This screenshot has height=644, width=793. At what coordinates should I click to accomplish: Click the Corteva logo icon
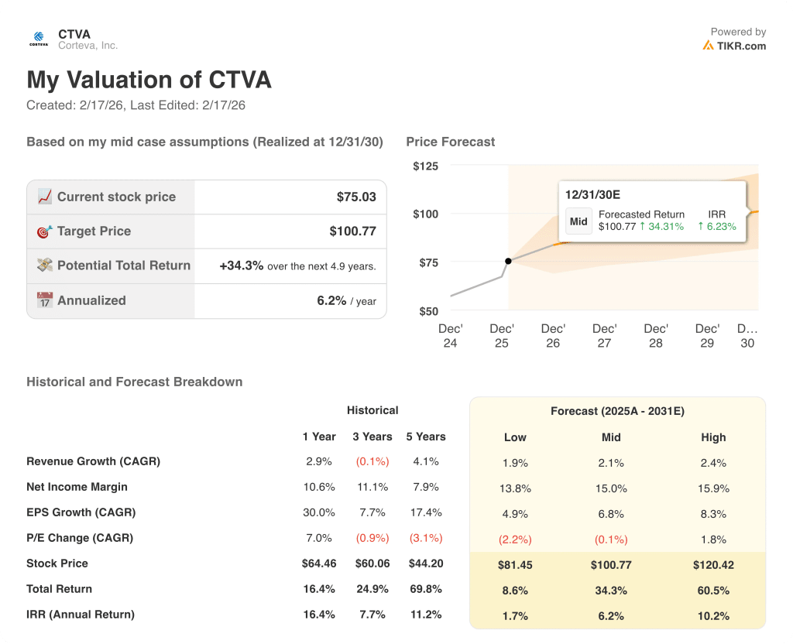coord(39,39)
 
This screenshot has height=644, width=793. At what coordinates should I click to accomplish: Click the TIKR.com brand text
coord(740,46)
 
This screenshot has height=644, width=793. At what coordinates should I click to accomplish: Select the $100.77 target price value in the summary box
coord(352,231)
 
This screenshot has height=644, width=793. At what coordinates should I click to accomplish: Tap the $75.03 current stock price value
coord(356,197)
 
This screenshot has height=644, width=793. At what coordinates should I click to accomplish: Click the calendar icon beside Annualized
coord(45,300)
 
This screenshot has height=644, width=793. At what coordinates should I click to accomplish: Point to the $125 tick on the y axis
coord(425,166)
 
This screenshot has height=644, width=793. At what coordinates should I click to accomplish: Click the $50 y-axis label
coord(428,311)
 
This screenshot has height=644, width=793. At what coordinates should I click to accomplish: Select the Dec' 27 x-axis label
coord(604,335)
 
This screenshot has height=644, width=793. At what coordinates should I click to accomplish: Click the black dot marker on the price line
coord(507,262)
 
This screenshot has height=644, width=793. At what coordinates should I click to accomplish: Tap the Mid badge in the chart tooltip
coord(578,221)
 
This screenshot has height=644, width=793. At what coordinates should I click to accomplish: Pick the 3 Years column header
coord(372,437)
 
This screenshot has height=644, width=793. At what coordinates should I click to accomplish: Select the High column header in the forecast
coord(713,437)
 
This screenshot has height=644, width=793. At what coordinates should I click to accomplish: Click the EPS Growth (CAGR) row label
coord(81,512)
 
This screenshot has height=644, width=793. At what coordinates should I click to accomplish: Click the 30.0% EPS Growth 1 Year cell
coord(318,512)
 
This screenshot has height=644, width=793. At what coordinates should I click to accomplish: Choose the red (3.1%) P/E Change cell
coord(425,538)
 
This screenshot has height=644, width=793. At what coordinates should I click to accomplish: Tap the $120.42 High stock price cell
coord(713,565)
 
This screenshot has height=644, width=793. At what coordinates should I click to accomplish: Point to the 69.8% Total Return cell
coord(425,589)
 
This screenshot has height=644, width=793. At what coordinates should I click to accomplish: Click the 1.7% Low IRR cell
coord(515,616)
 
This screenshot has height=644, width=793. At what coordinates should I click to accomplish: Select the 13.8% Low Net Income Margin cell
coord(515,488)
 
